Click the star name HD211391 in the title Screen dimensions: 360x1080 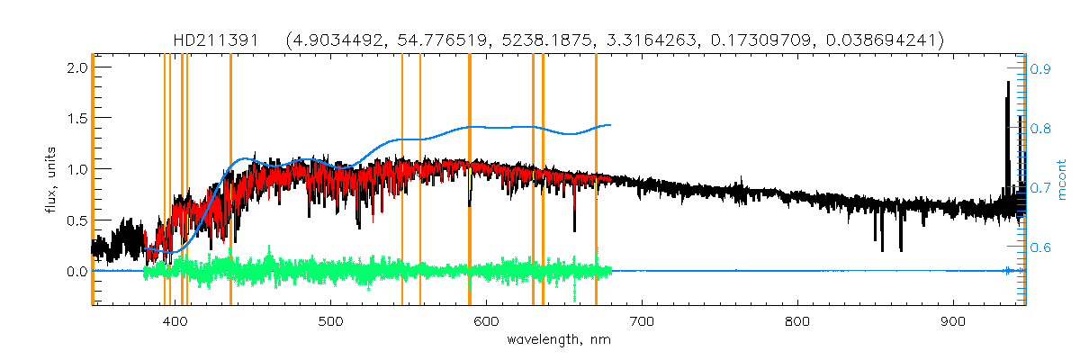click(x=216, y=40)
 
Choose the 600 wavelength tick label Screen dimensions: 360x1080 click(x=487, y=321)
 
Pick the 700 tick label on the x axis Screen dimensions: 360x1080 click(x=642, y=321)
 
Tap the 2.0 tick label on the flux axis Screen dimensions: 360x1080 click(x=76, y=67)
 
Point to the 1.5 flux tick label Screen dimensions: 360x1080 click(x=76, y=118)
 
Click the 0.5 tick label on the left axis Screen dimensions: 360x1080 click(x=76, y=220)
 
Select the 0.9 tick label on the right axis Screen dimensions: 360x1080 click(x=1042, y=67)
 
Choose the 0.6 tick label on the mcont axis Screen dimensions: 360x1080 click(x=1042, y=247)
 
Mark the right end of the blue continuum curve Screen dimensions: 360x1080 click(x=611, y=125)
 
